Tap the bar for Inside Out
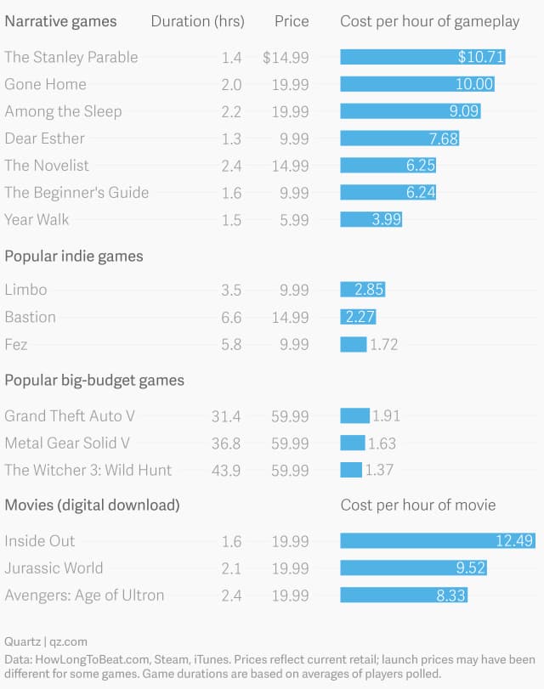coord(426,540)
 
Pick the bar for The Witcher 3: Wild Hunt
coord(351,470)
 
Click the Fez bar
coord(354,344)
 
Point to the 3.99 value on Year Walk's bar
coord(387,219)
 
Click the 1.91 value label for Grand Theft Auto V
coord(386,415)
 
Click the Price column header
coord(292,21)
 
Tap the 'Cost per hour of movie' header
coord(418,505)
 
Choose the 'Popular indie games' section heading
coord(74,256)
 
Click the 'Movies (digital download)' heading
coord(92,505)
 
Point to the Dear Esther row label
coord(44,138)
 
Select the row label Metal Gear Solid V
coord(67,443)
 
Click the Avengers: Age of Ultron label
coord(84,595)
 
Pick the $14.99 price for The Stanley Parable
coord(286,57)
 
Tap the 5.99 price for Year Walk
coord(294,219)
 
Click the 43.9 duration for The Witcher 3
coord(226,470)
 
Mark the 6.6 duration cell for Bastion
coord(231,317)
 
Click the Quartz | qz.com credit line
coord(46,641)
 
